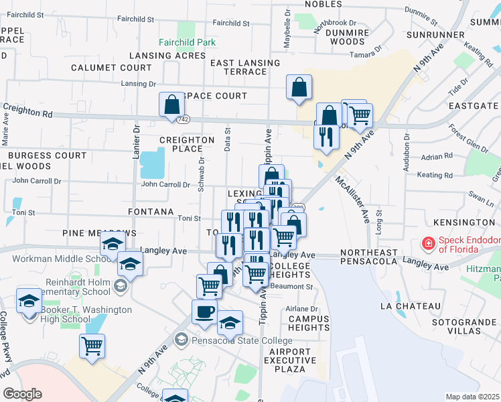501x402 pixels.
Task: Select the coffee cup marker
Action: point(204,311)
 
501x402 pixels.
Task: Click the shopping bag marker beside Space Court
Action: point(171,105)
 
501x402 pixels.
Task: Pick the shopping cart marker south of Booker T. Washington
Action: point(92,346)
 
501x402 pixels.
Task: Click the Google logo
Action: point(22,394)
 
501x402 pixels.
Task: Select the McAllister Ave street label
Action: point(353,199)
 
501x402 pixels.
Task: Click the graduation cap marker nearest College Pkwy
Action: point(28,303)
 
